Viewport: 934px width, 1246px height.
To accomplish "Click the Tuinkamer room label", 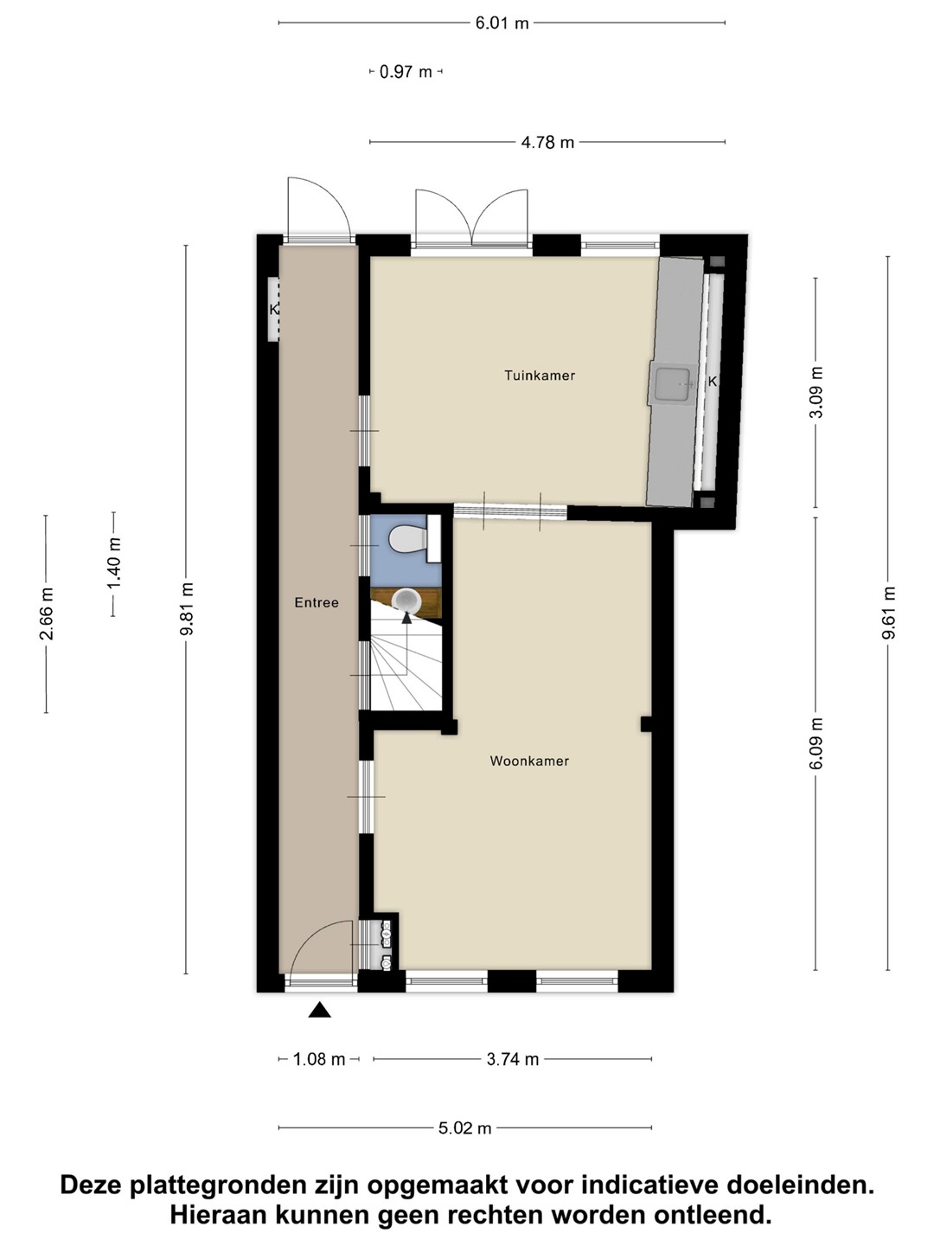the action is coord(540,376).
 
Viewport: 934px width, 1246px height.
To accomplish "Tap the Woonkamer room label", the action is coord(529,761).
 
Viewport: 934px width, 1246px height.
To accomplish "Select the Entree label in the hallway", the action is coord(317,603).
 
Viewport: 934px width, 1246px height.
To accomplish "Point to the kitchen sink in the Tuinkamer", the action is coord(673,384).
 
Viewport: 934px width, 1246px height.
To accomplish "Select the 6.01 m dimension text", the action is coord(502,23).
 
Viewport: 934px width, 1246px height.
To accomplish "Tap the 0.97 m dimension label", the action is coord(406,72).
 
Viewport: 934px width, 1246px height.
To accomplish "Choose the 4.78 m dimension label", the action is coord(547,143).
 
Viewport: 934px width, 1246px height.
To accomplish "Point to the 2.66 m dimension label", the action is coord(47,613).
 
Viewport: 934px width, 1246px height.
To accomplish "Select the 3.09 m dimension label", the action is coord(816,393).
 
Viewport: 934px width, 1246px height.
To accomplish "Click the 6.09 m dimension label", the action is coord(816,743).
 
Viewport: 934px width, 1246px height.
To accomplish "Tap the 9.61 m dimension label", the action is coord(888,613).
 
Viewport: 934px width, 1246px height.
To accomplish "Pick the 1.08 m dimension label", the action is coord(319,1059).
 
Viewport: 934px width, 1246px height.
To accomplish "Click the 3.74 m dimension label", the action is coord(513,1059).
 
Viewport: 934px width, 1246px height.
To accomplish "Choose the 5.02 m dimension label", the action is coord(464,1128).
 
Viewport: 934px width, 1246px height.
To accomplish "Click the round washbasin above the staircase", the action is coord(406,601).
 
